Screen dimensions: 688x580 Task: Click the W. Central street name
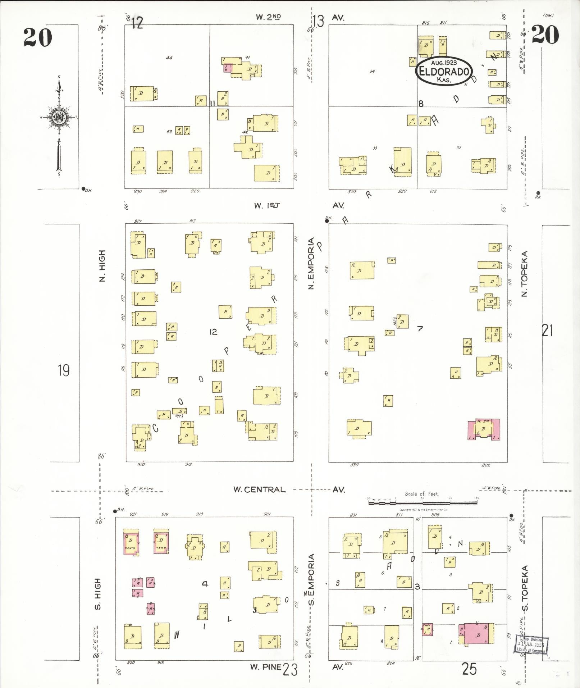pos(259,489)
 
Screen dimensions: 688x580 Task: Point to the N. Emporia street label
pos(311,263)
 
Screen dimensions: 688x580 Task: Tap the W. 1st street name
pos(266,206)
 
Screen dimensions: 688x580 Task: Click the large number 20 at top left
pos(38,37)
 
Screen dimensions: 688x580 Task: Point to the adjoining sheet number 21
pos(547,330)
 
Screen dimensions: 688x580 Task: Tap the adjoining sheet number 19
pos(64,370)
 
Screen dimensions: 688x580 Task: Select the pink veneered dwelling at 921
pos(131,542)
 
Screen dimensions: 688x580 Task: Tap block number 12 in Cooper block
pos(213,332)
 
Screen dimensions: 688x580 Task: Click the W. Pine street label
pos(266,667)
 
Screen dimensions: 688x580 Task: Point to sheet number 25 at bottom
pos(469,669)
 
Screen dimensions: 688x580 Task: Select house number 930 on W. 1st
pos(137,191)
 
